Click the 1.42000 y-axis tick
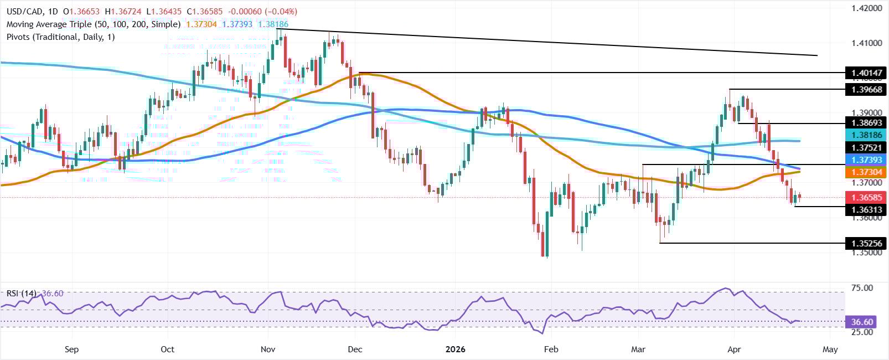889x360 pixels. pos(865,8)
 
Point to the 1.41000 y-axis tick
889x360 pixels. pos(865,43)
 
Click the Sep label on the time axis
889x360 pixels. pos(71,349)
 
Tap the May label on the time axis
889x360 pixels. pos(830,349)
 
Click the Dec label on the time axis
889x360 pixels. pos(355,349)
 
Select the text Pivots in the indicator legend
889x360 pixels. pos(20,37)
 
